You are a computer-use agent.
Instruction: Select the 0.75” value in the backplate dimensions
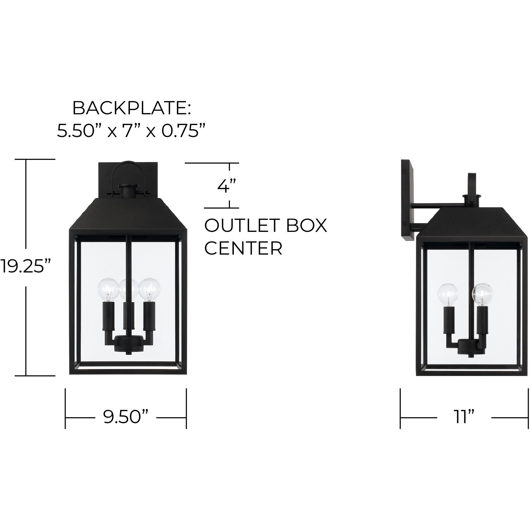[184, 131]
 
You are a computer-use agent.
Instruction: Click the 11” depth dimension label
[464, 417]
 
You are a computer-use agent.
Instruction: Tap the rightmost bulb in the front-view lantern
[149, 288]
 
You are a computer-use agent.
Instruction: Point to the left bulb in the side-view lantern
[448, 294]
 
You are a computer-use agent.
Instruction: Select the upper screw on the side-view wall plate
[405, 171]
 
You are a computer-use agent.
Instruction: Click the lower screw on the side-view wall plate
[405, 223]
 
